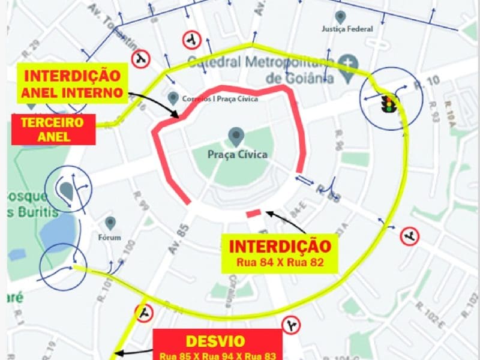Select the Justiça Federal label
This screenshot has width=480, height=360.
pos(347,29)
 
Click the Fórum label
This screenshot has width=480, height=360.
pos(110,237)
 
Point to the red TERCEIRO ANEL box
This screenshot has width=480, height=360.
pos(53,130)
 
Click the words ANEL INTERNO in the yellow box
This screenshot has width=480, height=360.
pos(72,92)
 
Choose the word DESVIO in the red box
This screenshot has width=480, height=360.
pos(215,341)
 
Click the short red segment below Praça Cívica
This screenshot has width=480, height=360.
pos(253,213)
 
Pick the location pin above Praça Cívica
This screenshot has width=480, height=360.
pos(235,136)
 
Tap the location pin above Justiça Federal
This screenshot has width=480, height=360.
pos(341,16)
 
